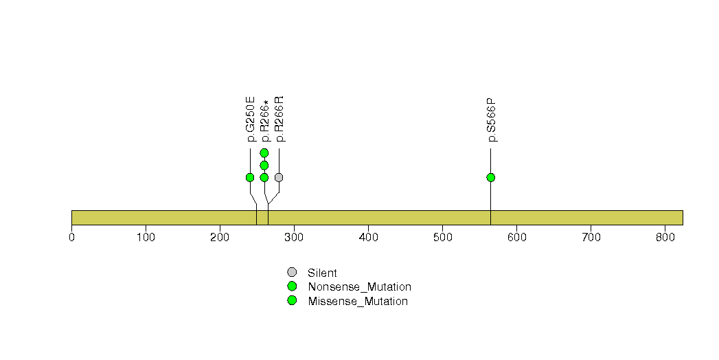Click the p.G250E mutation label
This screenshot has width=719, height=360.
coord(251,119)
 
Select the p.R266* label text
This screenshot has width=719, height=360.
coord(264,121)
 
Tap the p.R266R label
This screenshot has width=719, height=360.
coord(279,119)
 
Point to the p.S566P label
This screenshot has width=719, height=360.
coord(491,120)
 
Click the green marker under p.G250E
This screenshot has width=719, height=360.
coord(250,177)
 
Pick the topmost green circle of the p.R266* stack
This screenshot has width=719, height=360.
coord(264,153)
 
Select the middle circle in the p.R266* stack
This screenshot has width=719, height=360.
coord(264,165)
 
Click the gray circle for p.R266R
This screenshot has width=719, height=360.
coord(279,177)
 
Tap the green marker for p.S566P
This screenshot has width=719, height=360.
coord(490,177)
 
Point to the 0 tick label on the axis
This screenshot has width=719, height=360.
coord(71,238)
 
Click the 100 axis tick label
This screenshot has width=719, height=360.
coord(146,238)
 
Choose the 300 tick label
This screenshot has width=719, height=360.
coord(294,238)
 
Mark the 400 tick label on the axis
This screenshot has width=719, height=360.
coord(368,238)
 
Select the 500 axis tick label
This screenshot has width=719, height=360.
coord(442,238)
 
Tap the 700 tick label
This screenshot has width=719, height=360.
coord(591,238)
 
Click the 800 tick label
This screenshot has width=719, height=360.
coord(665,238)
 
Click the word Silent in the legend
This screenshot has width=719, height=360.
coord(322,273)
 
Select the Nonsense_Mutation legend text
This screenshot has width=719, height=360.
coord(360,287)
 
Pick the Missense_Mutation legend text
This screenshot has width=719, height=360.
coord(358,302)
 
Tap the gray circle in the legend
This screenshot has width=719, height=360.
coord(292,273)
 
